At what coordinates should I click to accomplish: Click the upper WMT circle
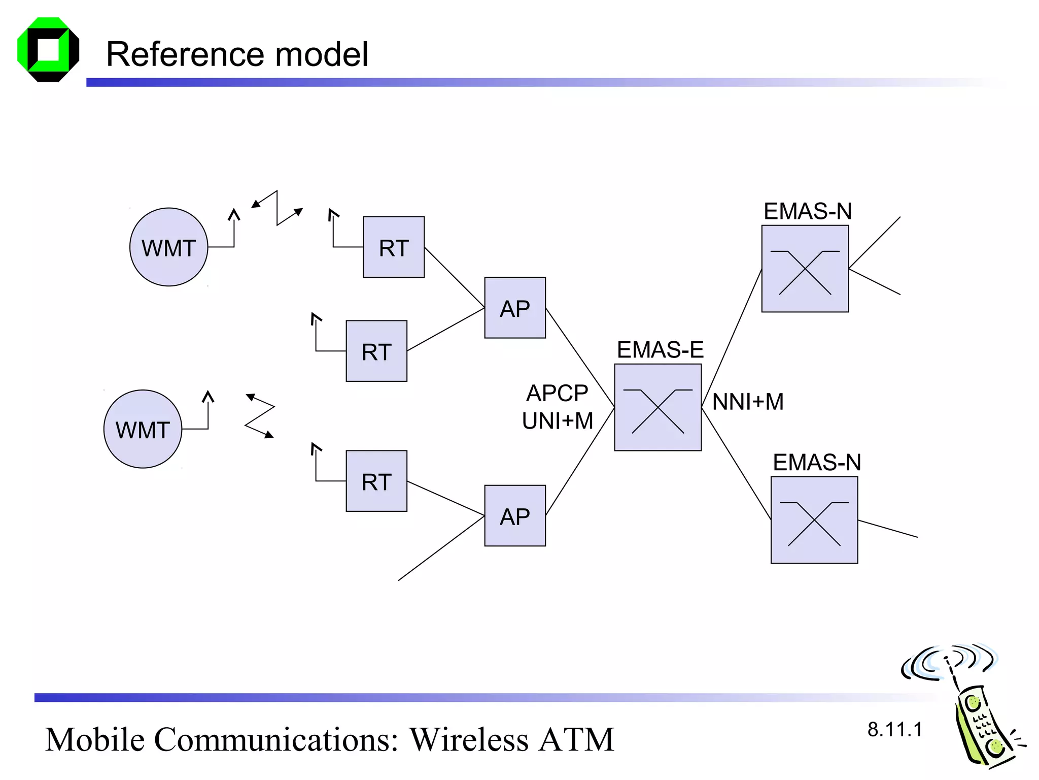168,247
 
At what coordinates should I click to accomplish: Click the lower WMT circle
143,429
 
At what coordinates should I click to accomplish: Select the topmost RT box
394,247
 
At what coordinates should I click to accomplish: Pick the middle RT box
376,351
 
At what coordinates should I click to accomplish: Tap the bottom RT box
376,481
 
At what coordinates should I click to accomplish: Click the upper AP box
515,308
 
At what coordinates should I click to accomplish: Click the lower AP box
515,515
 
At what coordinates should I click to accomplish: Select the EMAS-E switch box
657,407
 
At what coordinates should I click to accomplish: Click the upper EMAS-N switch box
805,269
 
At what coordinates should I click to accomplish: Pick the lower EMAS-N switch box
814,519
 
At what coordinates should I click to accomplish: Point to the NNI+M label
748,402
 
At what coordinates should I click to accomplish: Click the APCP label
557,393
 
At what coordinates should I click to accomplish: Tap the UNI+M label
557,420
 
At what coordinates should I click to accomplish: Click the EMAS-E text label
660,349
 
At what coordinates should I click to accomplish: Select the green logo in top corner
48,50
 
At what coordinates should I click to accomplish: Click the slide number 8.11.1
894,729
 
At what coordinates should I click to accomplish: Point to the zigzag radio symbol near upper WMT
278,208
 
